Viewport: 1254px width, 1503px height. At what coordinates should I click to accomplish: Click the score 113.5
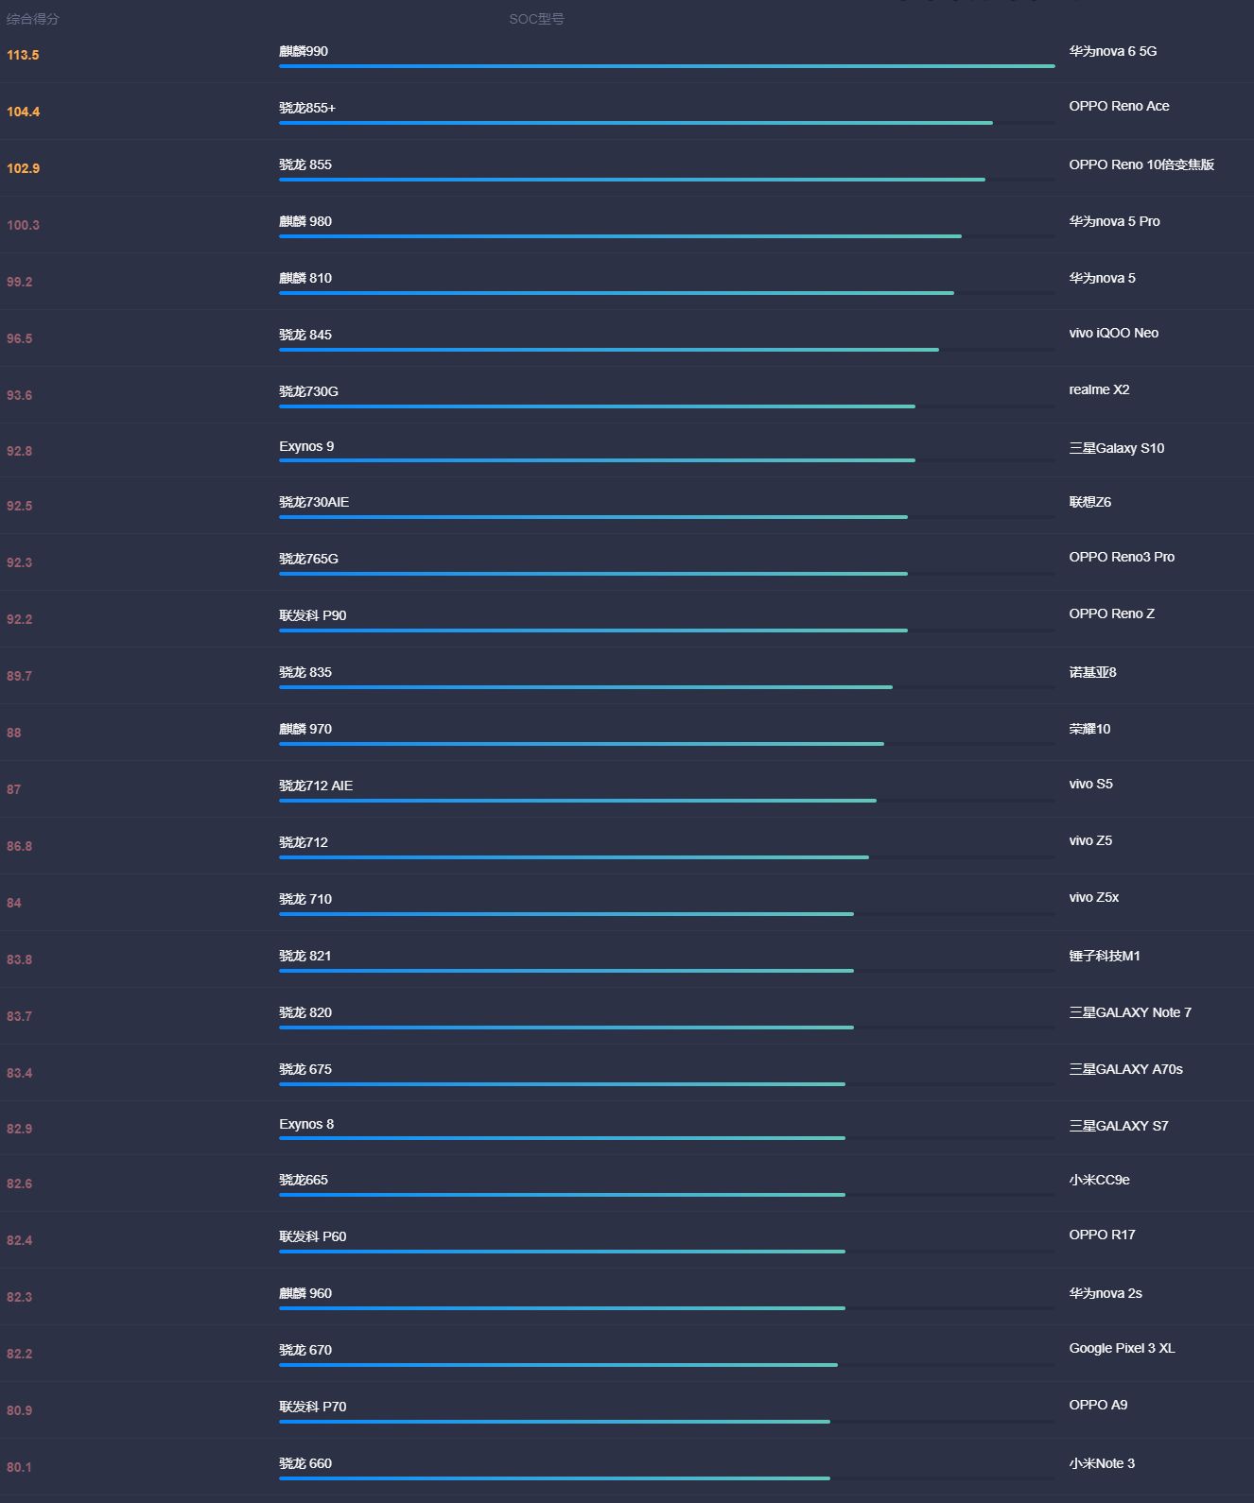tap(23, 55)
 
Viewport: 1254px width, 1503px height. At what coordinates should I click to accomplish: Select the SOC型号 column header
tap(536, 19)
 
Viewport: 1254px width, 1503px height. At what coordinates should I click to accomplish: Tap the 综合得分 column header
tap(32, 19)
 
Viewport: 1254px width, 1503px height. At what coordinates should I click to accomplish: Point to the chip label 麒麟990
tap(304, 51)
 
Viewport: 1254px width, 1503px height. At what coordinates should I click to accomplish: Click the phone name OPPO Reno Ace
tap(1119, 106)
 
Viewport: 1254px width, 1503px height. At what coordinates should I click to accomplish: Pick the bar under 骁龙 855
tap(632, 180)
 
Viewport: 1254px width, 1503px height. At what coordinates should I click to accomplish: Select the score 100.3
tap(23, 225)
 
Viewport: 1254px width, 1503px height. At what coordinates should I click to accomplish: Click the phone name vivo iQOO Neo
tap(1113, 333)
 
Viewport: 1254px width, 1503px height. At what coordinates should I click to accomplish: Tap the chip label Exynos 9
tap(306, 446)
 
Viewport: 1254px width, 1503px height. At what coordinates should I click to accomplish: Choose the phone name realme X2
tap(1099, 389)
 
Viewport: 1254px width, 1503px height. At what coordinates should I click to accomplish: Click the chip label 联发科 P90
tap(312, 615)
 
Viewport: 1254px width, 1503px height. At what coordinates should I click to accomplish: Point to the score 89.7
tap(19, 676)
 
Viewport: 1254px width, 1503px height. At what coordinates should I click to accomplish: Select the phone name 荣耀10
tap(1089, 729)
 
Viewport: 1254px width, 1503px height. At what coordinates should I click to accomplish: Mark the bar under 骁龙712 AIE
tap(577, 801)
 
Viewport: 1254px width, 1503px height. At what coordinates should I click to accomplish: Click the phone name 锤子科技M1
tap(1105, 956)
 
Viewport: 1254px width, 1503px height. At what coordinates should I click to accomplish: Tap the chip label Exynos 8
tap(306, 1124)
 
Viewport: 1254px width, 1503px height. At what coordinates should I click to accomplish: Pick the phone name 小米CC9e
tap(1099, 1180)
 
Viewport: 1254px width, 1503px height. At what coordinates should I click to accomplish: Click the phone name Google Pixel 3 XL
tap(1122, 1348)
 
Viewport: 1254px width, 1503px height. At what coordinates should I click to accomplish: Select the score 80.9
tap(19, 1410)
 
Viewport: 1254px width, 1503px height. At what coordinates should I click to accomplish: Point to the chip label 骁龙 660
tap(305, 1463)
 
